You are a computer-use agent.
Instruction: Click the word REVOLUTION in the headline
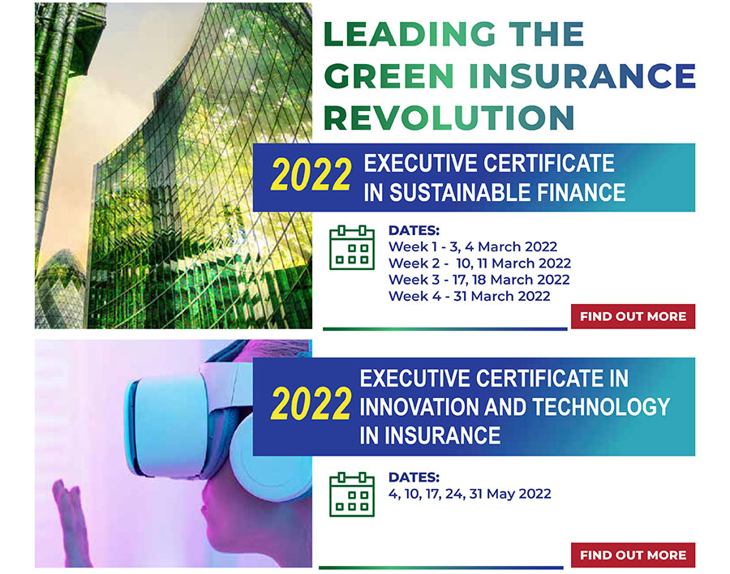(x=449, y=118)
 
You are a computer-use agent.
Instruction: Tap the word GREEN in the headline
(x=389, y=76)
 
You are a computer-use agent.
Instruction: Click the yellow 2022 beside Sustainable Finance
(x=311, y=174)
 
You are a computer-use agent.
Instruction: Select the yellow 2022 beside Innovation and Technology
(x=311, y=404)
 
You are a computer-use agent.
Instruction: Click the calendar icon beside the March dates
(x=352, y=247)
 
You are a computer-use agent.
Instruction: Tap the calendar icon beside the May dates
(x=352, y=494)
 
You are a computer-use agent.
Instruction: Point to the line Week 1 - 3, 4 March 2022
(x=473, y=246)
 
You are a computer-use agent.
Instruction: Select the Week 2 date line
(x=479, y=263)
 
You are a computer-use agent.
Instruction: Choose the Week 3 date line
(x=479, y=280)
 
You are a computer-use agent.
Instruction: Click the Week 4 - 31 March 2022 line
(x=470, y=296)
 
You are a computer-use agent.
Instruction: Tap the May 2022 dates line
(x=470, y=494)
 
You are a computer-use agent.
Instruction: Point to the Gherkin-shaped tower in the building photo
(x=61, y=289)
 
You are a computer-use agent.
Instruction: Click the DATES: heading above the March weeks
(x=414, y=230)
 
